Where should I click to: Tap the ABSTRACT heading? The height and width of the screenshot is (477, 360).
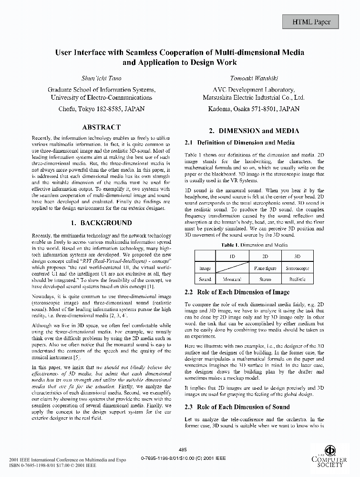tap(101, 127)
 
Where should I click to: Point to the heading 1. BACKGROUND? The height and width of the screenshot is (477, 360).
tap(101, 223)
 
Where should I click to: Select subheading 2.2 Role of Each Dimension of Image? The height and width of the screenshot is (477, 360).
tap(237, 292)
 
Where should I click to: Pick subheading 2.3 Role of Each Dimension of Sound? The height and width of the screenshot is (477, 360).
tap(237, 407)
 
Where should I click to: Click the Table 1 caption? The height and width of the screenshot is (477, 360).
tap(254, 245)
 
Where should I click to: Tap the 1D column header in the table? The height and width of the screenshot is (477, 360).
tap(232, 256)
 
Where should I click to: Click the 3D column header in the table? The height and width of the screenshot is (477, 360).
tap(297, 256)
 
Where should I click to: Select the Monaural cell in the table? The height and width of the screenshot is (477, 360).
tap(232, 280)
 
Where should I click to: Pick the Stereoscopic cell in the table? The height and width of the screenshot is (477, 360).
tap(297, 268)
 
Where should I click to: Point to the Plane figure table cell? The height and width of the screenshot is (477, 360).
tap(265, 268)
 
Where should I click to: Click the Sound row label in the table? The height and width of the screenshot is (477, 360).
tap(205, 280)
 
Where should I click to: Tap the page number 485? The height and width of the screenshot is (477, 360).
tap(182, 449)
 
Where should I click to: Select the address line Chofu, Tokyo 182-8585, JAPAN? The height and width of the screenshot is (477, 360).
tap(101, 109)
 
